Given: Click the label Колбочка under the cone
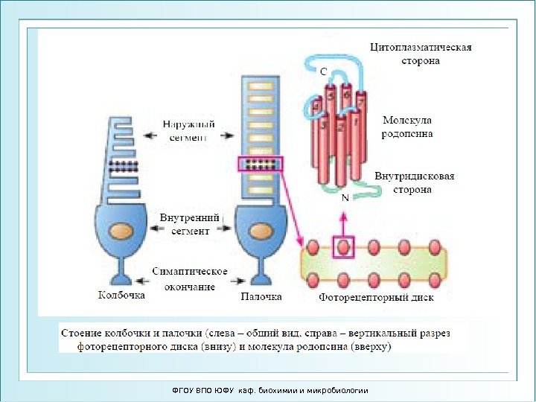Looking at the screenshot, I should point(122,295).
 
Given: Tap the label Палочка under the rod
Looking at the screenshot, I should point(261,296).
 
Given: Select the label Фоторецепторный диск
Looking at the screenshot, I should point(376,297).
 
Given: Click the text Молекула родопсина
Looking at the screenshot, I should point(407,127).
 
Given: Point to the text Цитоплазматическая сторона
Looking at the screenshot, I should point(421,54).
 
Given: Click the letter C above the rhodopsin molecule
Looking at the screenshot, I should point(323,72).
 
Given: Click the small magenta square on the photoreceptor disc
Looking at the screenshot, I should point(343,246).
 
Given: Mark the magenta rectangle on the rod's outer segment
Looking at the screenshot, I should point(261,165).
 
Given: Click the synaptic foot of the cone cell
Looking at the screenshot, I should point(122,275).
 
